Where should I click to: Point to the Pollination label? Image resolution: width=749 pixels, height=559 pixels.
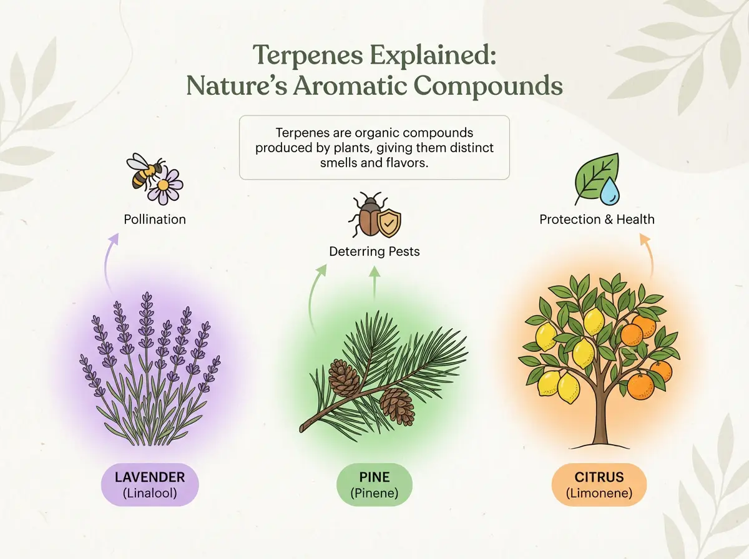click(x=155, y=220)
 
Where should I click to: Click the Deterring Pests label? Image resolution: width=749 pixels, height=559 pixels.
click(x=374, y=251)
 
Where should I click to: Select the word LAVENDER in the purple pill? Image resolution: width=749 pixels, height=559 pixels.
click(x=150, y=477)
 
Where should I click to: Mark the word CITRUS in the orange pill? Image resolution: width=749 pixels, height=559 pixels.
click(x=599, y=477)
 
